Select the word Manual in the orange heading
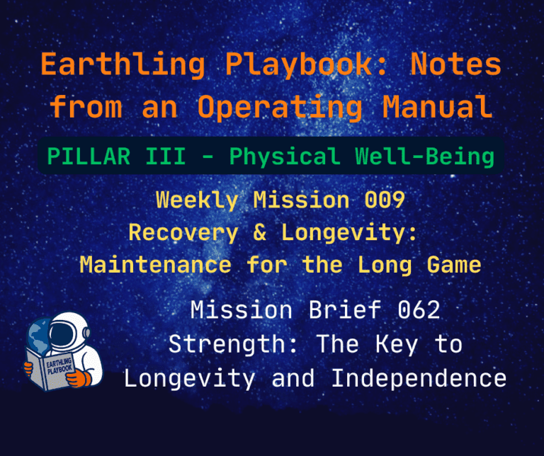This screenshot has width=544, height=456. [436, 106]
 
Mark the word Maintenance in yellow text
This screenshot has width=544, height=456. [155, 265]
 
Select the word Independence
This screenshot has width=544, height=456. [419, 378]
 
